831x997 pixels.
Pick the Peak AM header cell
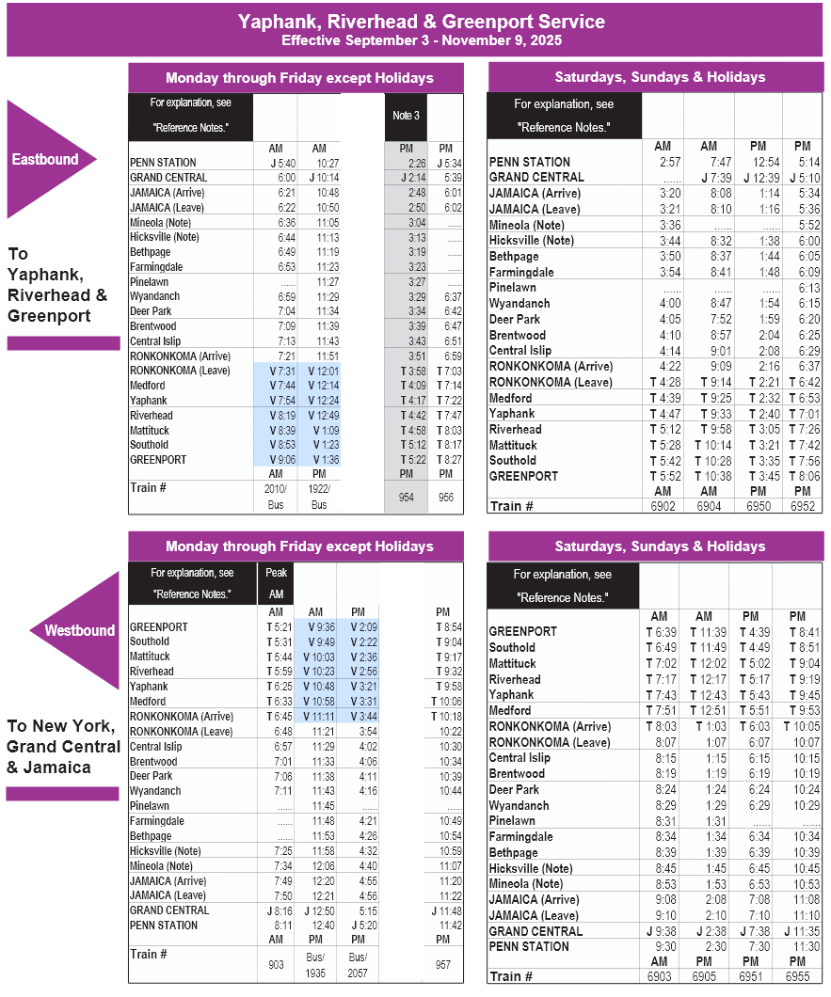[276, 583]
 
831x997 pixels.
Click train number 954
[406, 497]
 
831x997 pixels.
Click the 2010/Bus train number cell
[275, 497]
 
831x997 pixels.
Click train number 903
[276, 965]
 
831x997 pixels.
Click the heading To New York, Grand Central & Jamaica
[63, 746]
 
